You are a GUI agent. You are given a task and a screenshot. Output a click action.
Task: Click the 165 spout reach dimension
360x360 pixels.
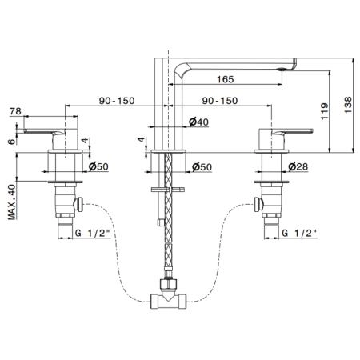[226, 79]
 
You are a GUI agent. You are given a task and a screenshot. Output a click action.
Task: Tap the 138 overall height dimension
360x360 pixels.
[348, 105]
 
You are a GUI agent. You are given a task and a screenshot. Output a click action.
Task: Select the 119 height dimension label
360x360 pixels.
[324, 111]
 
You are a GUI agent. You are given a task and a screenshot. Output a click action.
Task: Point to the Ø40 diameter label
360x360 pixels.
[198, 122]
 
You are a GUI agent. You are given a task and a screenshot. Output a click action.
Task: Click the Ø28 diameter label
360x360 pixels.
[298, 166]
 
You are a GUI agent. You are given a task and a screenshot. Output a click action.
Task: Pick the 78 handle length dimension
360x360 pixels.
[15, 111]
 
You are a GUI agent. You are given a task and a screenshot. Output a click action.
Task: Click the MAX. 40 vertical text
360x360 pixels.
[12, 202]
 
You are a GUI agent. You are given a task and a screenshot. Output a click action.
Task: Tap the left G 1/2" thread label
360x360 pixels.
[93, 233]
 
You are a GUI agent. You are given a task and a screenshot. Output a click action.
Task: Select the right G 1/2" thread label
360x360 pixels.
[299, 233]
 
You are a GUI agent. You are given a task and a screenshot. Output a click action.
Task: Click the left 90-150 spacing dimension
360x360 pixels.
[117, 101]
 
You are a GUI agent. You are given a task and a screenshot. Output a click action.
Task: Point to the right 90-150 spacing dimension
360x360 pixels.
[220, 101]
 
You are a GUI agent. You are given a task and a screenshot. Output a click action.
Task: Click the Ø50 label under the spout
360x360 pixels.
[202, 167]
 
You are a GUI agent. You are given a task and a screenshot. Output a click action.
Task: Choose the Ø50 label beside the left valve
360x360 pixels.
[98, 166]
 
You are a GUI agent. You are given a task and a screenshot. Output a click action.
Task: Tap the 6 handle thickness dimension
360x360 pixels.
[12, 142]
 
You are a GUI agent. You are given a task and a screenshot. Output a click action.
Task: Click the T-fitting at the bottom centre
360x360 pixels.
[168, 301]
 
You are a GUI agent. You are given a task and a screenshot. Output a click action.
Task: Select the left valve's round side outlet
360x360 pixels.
[78, 205]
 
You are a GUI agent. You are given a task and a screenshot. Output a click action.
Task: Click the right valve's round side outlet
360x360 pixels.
[258, 205]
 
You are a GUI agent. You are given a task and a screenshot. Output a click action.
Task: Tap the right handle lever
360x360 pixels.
[292, 132]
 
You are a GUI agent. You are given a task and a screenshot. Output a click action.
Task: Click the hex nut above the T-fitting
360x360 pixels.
[168, 283]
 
